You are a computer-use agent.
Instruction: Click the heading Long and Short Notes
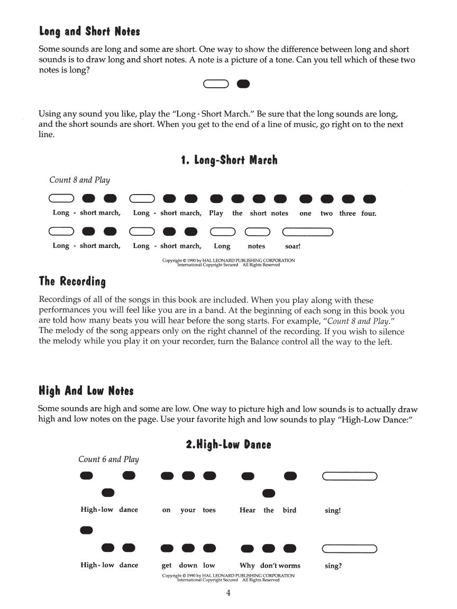[89, 32]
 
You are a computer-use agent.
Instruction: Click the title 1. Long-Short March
[229, 160]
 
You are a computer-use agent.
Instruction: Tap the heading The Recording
[72, 281]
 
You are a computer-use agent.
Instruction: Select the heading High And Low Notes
[86, 391]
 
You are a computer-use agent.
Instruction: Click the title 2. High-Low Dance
[229, 445]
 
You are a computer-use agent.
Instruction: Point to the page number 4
[228, 593]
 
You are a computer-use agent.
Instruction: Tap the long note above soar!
[307, 232]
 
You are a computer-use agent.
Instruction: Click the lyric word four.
[369, 214]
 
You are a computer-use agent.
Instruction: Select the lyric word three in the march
[348, 214]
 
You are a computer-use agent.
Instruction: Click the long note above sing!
[349, 476]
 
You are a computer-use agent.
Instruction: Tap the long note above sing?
[349, 548]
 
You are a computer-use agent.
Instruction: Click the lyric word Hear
[247, 510]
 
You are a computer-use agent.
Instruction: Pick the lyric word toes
[209, 510]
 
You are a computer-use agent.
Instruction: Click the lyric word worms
[289, 565]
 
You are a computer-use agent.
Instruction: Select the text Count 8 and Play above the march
[79, 180]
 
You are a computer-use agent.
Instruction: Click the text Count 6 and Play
[108, 459]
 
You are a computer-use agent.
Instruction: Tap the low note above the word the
[269, 493]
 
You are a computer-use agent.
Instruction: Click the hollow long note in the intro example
[215, 84]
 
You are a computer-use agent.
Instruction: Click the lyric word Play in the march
[216, 214]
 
